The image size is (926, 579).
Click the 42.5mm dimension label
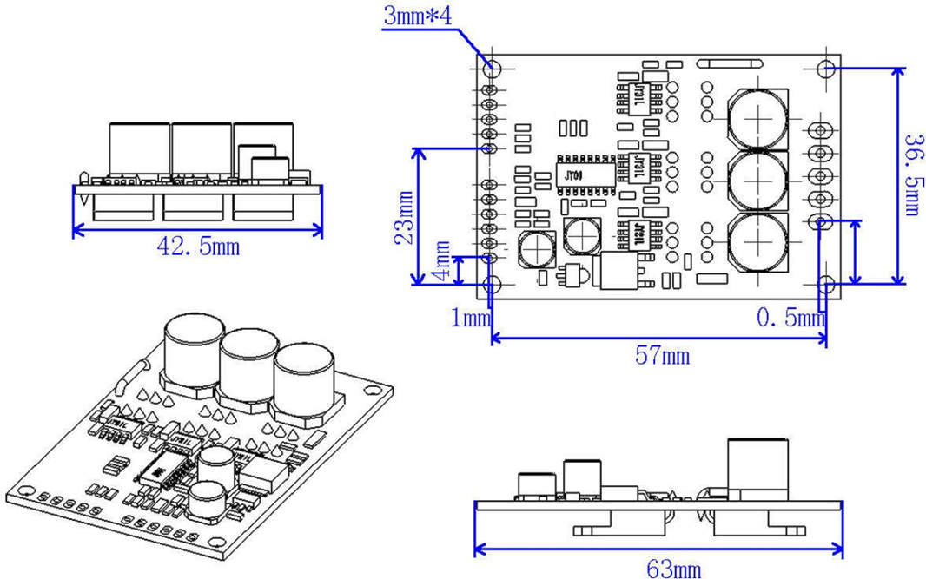pyautogui.click(x=197, y=247)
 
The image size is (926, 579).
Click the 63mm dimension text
pyautogui.click(x=673, y=569)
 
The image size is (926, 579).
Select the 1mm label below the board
pyautogui.click(x=470, y=319)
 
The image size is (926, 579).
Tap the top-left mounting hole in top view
pyautogui.click(x=493, y=67)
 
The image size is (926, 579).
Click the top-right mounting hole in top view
pyautogui.click(x=828, y=68)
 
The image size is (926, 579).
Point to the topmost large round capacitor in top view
pyautogui.click(x=757, y=116)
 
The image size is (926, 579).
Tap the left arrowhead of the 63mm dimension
pyautogui.click(x=477, y=549)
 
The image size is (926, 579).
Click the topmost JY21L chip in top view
pyautogui.click(x=638, y=92)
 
